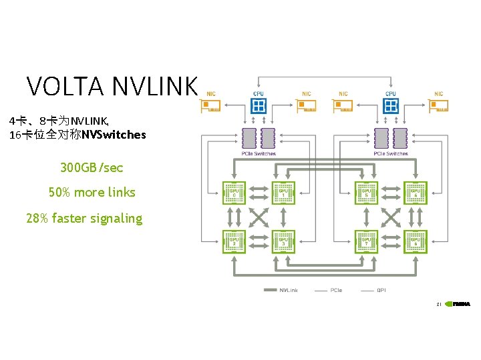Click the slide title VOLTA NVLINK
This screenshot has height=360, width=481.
click(112, 87)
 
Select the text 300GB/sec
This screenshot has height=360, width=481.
click(92, 167)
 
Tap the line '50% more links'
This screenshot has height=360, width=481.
click(92, 193)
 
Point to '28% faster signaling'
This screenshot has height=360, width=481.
click(84, 219)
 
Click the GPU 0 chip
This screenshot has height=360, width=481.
click(234, 193)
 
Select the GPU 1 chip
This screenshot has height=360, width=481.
click(283, 193)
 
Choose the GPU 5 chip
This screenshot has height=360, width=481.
click(366, 193)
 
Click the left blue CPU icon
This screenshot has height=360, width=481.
click(259, 105)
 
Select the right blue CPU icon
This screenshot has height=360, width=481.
click(391, 105)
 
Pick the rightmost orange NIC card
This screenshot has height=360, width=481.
click(438, 106)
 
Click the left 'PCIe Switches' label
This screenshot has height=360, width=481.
click(259, 154)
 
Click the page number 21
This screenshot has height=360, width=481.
click(438, 304)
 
